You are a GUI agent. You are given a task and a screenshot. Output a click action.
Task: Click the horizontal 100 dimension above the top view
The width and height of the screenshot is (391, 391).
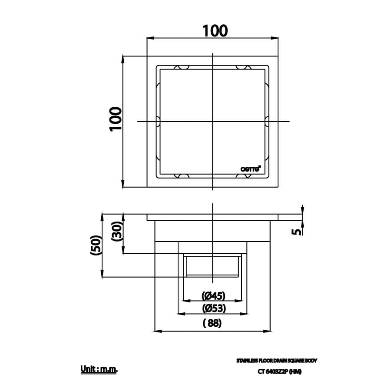click(215, 30)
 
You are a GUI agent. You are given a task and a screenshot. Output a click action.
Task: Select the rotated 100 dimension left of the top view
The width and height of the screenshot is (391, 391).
click(116, 119)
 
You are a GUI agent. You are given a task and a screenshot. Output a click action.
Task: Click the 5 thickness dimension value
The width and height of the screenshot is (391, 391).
click(297, 232)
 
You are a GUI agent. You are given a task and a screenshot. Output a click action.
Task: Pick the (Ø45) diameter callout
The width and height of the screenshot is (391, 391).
click(213, 296)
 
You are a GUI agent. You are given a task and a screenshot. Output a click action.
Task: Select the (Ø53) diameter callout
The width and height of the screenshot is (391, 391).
click(213, 309)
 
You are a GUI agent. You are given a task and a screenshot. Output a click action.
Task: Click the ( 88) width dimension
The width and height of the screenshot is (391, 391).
click(212, 323)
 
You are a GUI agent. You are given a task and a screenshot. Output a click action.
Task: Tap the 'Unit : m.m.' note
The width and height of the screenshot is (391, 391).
click(99, 370)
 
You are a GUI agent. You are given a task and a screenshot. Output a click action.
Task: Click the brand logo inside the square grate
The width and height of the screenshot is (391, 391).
click(251, 169)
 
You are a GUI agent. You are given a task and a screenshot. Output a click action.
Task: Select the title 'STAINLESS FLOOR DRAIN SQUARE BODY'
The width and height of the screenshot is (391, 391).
click(277, 361)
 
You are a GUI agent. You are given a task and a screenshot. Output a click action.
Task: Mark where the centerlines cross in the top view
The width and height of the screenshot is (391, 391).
click(212, 122)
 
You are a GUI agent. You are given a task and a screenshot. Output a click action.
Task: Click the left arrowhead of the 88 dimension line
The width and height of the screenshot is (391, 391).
click(158, 331)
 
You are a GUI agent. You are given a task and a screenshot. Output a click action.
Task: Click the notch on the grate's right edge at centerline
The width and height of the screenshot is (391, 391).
click(267, 122)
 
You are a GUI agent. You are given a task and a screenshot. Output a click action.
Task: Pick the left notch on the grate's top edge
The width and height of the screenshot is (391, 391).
click(182, 68)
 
